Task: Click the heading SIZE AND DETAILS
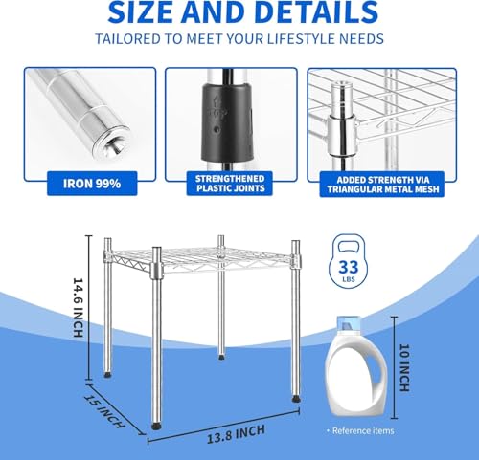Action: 239,13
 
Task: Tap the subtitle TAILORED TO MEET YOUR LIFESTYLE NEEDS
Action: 239,40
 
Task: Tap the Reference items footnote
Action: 361,431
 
